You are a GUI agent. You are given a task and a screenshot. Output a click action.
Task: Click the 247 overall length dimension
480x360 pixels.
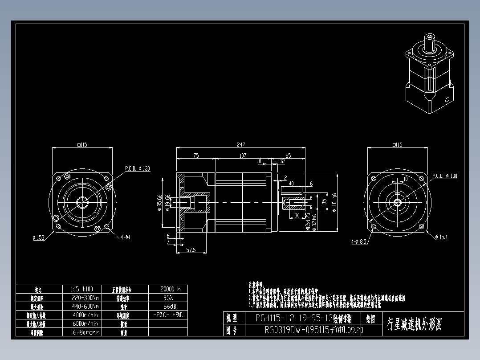[241, 144]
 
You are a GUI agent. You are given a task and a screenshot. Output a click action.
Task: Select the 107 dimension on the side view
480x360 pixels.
[243, 155]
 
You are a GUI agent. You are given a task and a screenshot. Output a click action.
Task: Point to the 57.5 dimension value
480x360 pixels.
[191, 250]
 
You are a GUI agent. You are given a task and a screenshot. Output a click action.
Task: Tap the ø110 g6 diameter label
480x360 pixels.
[334, 202]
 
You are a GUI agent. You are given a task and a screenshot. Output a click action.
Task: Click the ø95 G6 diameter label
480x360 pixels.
[159, 203]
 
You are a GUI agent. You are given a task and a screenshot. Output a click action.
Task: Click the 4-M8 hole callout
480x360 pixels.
[125, 237]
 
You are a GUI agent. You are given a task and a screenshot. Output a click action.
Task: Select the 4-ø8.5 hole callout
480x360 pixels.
[358, 242]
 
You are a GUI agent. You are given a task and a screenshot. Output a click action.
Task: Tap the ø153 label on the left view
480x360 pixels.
[38, 237]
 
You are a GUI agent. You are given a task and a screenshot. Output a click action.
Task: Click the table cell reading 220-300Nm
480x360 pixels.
[85, 298]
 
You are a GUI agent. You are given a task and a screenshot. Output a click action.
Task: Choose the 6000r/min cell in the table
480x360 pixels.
[85, 323]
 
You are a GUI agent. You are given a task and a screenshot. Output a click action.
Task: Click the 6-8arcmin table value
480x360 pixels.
[85, 332]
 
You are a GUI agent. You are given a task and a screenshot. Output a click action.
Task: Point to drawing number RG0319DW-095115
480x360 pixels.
[297, 330]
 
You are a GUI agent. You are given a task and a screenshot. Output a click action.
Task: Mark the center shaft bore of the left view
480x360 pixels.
[83, 202]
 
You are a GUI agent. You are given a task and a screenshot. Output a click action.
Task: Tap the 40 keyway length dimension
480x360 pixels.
[291, 183]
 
